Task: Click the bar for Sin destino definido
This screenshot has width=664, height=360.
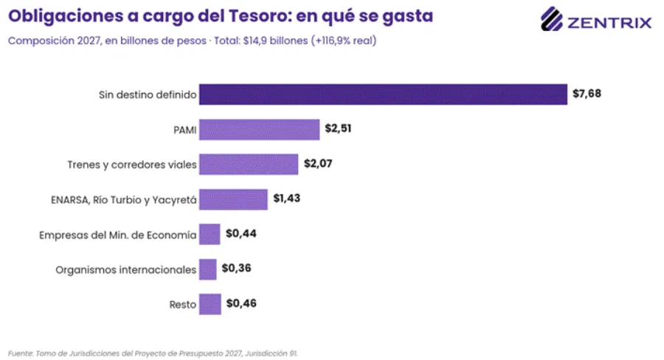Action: click(383, 94)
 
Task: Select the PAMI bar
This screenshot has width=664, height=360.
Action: click(260, 129)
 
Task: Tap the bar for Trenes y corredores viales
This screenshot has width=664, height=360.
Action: click(249, 165)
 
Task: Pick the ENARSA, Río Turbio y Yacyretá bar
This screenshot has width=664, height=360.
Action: click(233, 199)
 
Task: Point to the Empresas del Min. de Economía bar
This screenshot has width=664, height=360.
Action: click(210, 234)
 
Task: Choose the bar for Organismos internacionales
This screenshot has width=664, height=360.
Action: click(208, 269)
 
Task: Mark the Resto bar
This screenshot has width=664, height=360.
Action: click(210, 304)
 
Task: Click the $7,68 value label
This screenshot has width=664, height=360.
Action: click(587, 94)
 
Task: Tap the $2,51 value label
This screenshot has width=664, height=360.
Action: click(338, 128)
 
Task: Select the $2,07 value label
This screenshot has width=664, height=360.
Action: click(318, 164)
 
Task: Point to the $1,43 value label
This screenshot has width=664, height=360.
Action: click(287, 198)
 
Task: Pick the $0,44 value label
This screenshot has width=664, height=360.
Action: click(241, 233)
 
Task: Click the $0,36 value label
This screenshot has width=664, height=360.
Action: click(236, 268)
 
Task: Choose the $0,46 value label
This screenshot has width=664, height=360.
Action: click(241, 303)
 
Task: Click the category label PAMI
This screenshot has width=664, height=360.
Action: click(185, 130)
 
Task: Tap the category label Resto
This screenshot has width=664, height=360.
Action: click(183, 305)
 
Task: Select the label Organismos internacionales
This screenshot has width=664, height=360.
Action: click(125, 270)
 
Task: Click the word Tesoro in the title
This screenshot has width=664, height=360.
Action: click(259, 16)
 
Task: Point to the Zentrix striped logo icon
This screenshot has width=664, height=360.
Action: click(551, 19)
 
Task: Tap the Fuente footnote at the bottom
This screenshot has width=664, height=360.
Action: click(153, 353)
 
